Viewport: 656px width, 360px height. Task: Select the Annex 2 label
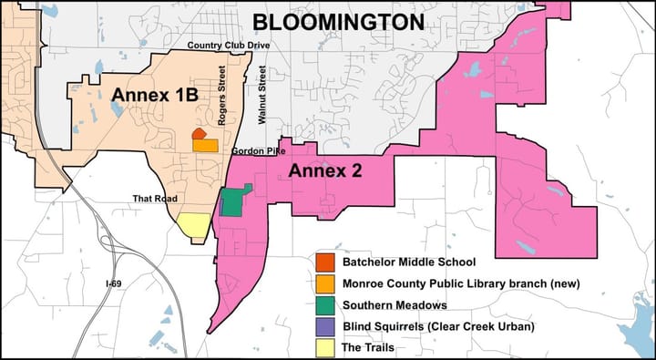coord(325,170)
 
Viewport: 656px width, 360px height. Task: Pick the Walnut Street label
coord(261,95)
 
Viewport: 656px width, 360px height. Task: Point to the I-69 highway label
coord(113,284)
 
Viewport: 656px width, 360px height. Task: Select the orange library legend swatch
coord(324,283)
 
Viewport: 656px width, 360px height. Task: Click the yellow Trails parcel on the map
coord(193,225)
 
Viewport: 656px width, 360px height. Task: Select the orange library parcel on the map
coord(206,145)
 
